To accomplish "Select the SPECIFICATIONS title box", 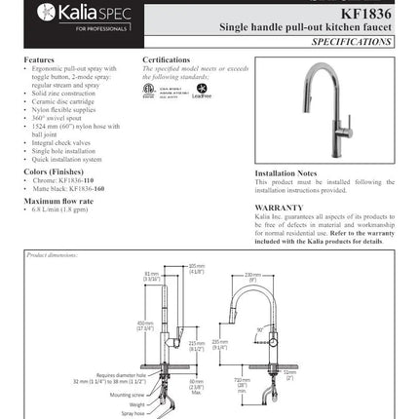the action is [353, 45].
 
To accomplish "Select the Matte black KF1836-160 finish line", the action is [69, 187].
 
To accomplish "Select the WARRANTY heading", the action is [279, 207].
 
